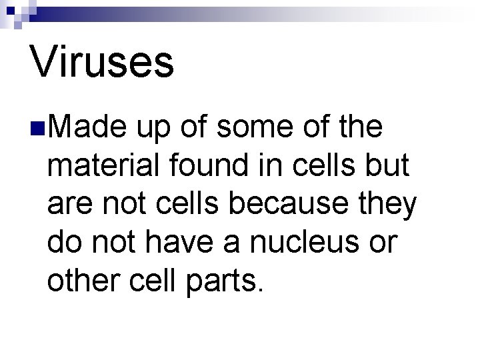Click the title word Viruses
click(102, 61)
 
